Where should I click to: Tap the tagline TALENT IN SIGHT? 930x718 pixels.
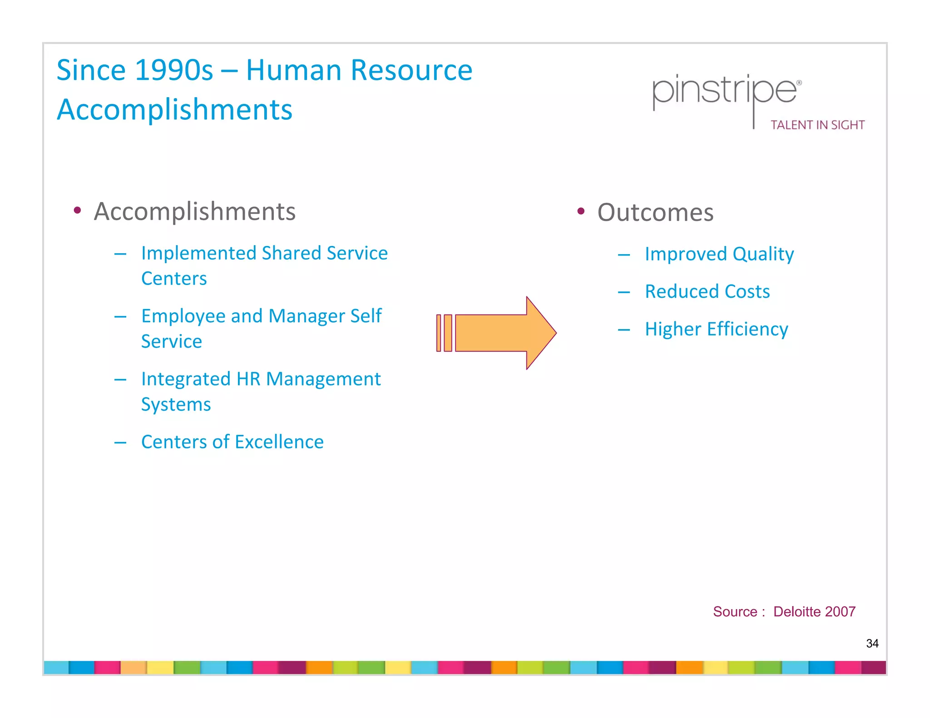(817, 125)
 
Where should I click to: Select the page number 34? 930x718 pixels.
(872, 643)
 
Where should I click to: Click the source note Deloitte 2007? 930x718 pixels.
(814, 611)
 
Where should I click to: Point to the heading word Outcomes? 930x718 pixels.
(655, 212)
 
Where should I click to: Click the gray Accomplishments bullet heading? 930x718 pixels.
(194, 211)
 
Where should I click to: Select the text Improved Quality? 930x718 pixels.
(719, 254)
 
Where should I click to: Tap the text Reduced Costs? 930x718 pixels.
(707, 291)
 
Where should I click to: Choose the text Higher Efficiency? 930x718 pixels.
(716, 329)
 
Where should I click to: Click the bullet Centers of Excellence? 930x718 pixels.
(232, 442)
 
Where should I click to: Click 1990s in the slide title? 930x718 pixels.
(173, 70)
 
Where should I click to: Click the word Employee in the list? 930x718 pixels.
(183, 316)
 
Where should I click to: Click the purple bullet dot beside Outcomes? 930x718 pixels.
(581, 211)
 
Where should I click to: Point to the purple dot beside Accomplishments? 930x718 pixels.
(77, 210)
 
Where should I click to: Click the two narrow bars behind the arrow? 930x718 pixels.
(444, 333)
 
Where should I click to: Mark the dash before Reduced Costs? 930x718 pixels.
(624, 292)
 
